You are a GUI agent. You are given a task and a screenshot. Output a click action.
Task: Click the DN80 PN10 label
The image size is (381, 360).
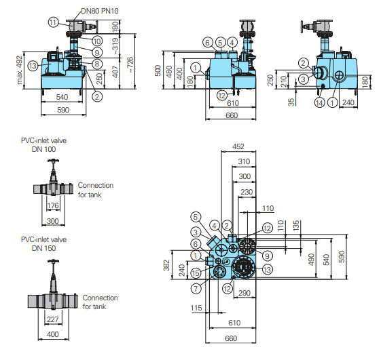click(x=100, y=11)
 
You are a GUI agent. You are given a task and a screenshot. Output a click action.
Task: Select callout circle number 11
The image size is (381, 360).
click(x=53, y=22)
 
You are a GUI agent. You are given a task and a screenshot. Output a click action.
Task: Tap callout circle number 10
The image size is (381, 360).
click(x=97, y=41)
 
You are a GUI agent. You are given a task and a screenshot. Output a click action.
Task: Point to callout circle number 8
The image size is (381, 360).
click(x=97, y=64)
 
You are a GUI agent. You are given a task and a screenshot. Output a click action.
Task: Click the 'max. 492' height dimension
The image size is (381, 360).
click(x=20, y=70)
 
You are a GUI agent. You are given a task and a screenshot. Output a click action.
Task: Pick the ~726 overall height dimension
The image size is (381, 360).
click(x=130, y=65)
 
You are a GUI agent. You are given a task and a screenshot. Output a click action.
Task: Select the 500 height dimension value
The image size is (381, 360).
click(x=158, y=71)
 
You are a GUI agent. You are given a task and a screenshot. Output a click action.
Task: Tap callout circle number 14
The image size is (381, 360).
click(x=319, y=102)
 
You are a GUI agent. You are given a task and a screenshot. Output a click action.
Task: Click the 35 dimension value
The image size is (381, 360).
click(x=291, y=102)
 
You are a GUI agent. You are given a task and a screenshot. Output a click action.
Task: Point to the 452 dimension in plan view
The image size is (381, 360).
click(x=238, y=146)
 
